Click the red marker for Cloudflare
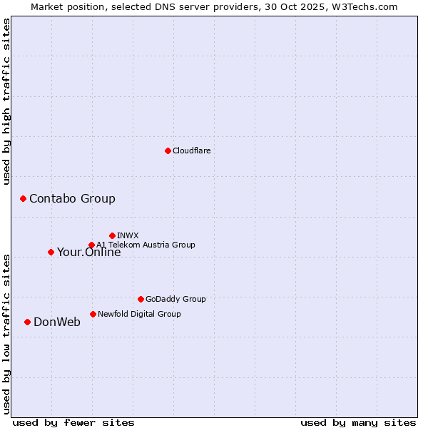pos(168,151)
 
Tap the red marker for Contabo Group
pos(23,198)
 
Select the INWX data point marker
pos(112,235)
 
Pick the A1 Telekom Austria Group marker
pos(91,245)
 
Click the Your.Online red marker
pos(51,252)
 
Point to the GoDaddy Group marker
pos(141,299)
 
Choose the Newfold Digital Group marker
pos(93,314)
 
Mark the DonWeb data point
pos(27,322)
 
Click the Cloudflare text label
pos(191,151)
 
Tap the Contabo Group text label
pos(72,198)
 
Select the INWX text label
pos(128,235)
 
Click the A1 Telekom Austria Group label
pos(146,245)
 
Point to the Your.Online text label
pos(88,252)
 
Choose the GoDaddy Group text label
pos(175,299)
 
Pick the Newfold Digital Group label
pos(139,314)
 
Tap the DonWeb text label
pos(57,322)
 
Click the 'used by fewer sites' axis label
pos(73,422)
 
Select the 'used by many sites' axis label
pos(358,422)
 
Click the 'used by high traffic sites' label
pos(6,101)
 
